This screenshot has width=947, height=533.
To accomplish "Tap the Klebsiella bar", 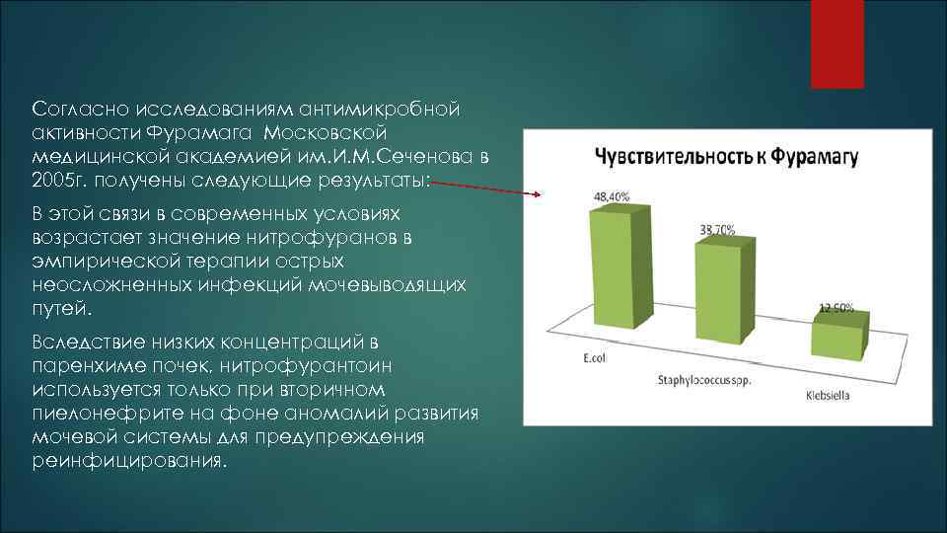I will [x=838, y=336].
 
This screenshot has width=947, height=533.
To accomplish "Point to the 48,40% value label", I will [x=612, y=195].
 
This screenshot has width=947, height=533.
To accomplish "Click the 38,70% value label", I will [x=717, y=229].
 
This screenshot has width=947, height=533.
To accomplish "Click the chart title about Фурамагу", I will [x=725, y=157].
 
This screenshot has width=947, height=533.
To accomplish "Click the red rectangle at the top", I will [x=837, y=43].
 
